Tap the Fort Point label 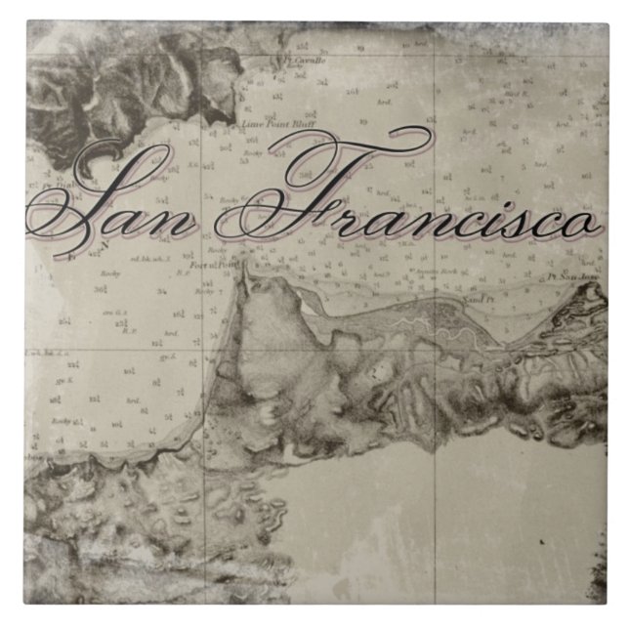[208, 265]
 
